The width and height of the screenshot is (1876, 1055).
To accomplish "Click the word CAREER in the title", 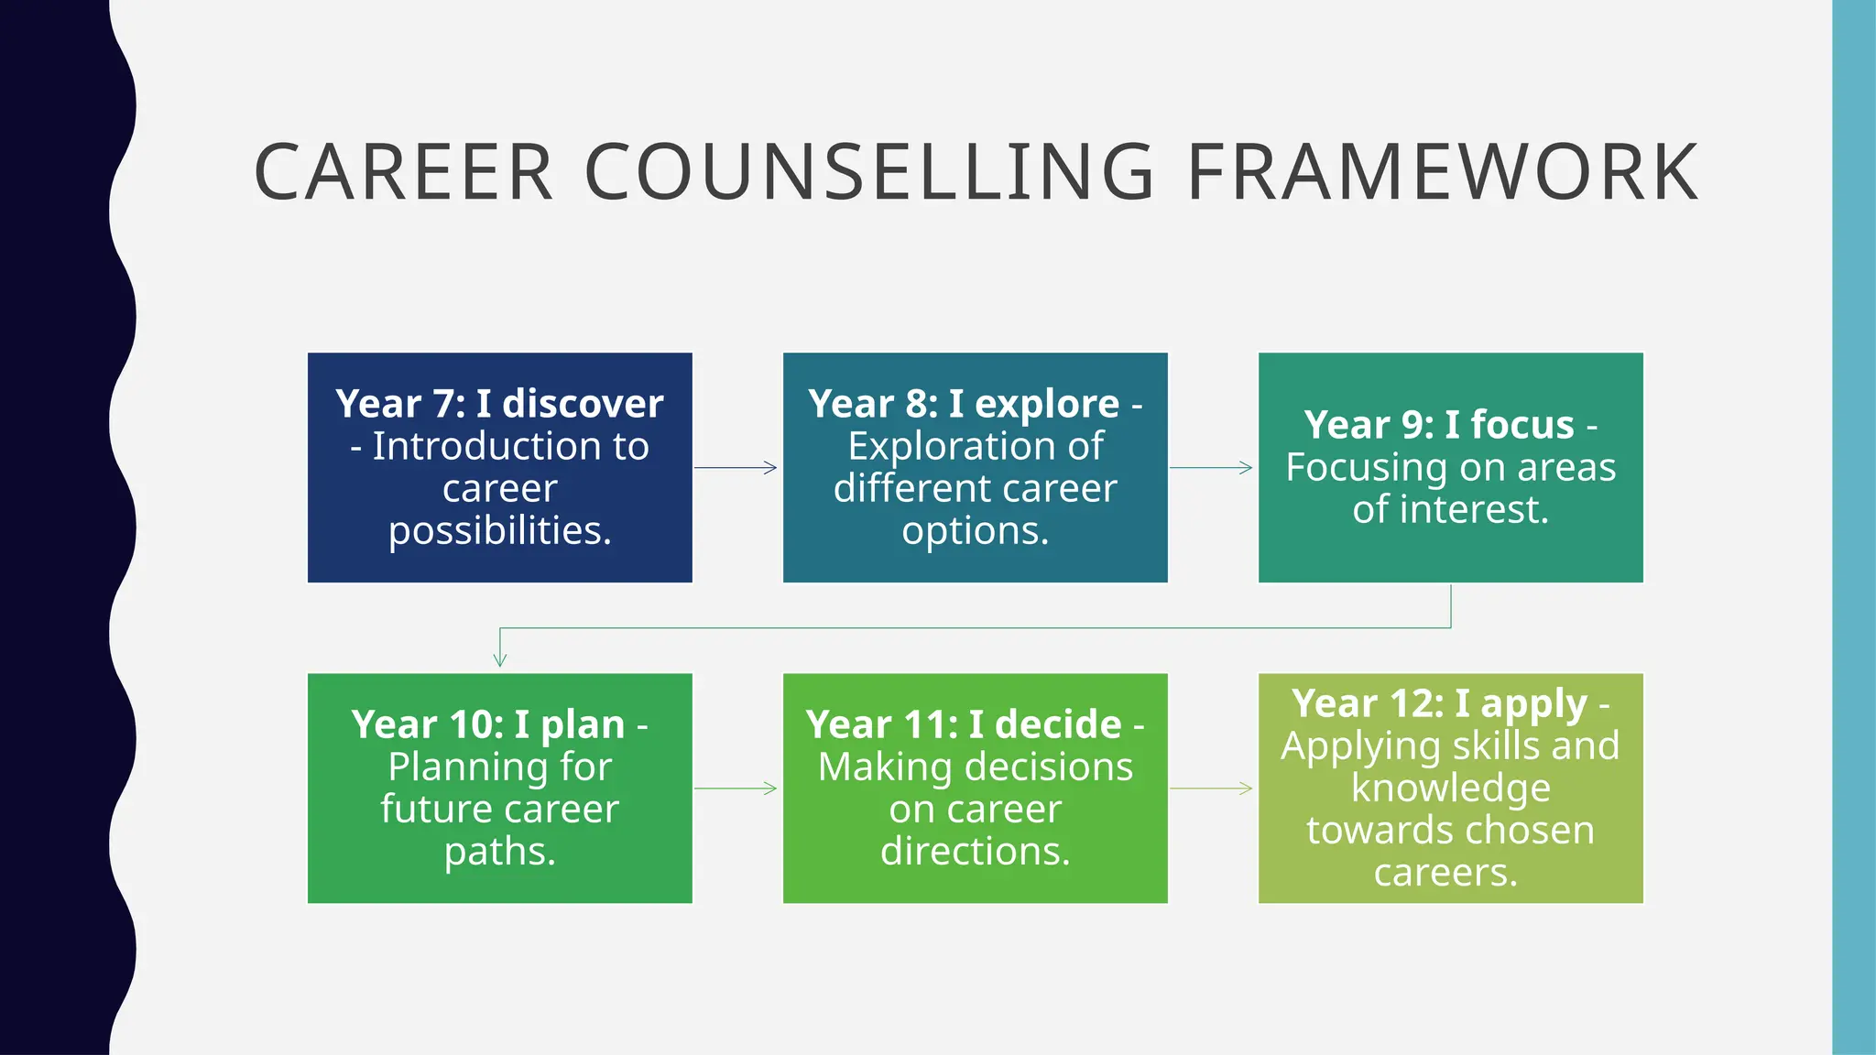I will click(x=404, y=172).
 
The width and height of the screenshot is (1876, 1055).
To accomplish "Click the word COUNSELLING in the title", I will click(x=870, y=172).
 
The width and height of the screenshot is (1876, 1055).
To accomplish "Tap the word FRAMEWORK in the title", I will click(x=1443, y=172).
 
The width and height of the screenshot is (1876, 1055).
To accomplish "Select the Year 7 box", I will click(x=499, y=467).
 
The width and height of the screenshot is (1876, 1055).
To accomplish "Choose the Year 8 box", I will click(x=975, y=467).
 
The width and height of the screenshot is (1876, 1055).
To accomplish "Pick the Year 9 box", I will click(x=1450, y=467).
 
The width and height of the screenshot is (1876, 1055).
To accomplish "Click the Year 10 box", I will click(x=499, y=788).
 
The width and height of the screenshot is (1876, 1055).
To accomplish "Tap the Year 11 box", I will click(x=975, y=788).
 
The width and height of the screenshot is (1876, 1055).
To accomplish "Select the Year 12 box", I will click(x=1450, y=788).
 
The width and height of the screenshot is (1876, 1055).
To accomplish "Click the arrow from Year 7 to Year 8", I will click(x=736, y=468).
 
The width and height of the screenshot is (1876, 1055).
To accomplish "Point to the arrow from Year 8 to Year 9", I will click(x=1211, y=468).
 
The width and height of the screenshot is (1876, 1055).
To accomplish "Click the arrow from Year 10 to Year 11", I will click(x=736, y=789).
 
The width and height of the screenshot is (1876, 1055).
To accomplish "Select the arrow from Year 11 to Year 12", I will click(x=1211, y=789).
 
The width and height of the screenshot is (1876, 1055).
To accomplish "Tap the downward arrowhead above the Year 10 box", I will click(x=500, y=658).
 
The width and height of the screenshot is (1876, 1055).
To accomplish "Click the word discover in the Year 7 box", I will click(x=583, y=404).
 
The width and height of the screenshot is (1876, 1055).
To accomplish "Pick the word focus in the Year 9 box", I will click(x=1522, y=425).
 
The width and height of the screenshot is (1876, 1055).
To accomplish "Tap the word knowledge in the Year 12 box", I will click(x=1451, y=789).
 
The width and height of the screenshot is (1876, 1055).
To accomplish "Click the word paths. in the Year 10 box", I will click(x=500, y=852).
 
